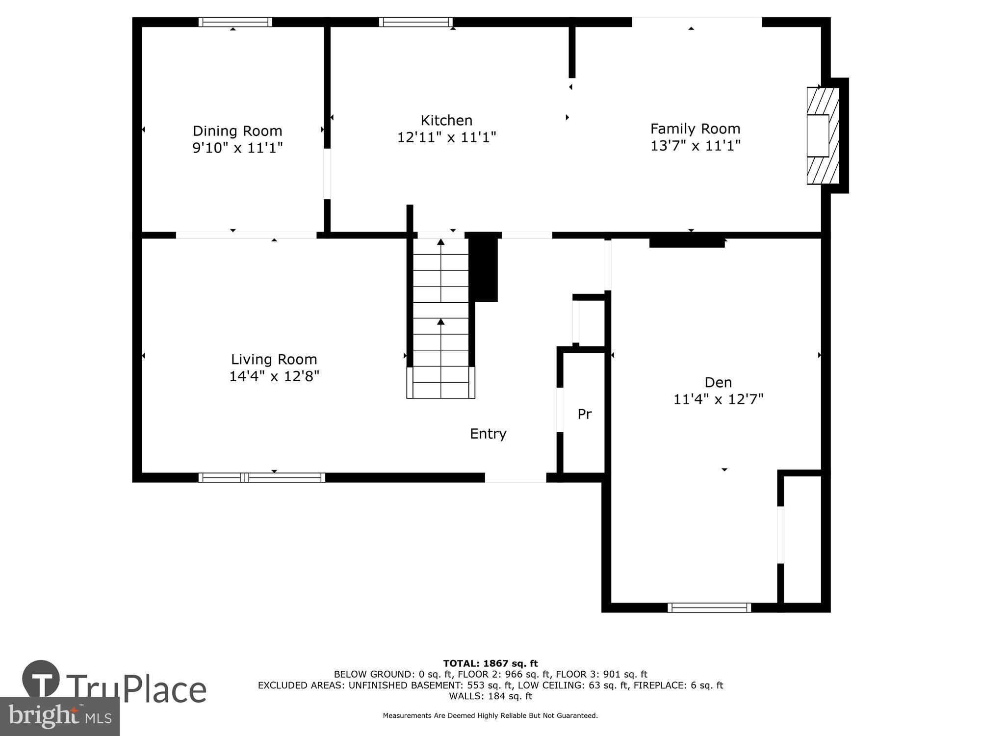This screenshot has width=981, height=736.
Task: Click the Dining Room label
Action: pos(237,131)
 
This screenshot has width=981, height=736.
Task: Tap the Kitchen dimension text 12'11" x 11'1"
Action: pos(446,137)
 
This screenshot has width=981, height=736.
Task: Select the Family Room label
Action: pos(695,129)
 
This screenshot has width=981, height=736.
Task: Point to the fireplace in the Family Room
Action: pos(823,136)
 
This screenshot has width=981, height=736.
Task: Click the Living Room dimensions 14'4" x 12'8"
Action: pos(274,376)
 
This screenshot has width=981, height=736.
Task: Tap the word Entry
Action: pos(488,434)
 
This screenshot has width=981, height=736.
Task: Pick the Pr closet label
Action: pos(584,414)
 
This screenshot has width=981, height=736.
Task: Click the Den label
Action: pos(718,382)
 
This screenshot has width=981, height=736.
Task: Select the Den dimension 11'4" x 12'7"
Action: pos(718,399)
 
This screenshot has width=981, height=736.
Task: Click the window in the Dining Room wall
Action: pos(235,22)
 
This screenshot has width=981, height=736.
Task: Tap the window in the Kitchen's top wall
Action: pos(415,22)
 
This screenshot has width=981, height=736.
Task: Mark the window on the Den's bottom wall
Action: pos(709,608)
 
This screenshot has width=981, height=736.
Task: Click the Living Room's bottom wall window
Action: pos(261,477)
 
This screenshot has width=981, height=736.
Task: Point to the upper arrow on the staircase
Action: pos(440,242)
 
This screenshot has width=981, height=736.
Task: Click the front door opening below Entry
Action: pos(515,477)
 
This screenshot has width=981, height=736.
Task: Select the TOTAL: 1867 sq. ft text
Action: pos(490,664)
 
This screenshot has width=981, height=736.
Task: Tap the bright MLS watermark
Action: pos(59,716)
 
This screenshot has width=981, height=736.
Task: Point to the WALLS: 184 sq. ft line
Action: pos(490,696)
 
